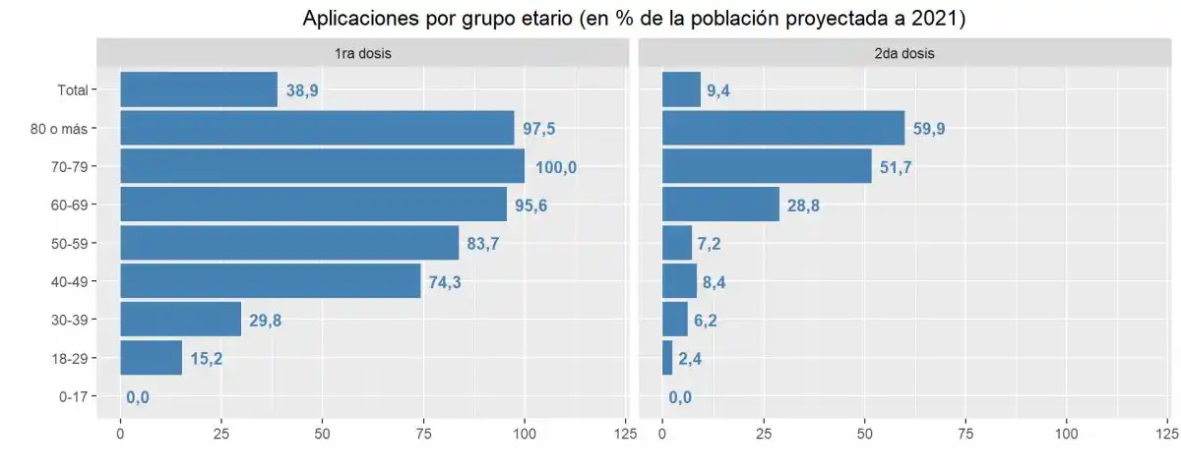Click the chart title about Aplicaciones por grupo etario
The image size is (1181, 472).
coord(635,18)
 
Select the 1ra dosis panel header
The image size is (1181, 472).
coord(363,53)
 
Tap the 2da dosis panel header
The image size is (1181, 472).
coord(903,53)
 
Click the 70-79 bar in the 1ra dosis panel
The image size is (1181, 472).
coord(322,166)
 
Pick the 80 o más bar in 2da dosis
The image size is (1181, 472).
coord(783,128)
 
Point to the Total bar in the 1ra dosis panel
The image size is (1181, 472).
coord(199,89)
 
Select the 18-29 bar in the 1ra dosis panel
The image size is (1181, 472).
coord(151,358)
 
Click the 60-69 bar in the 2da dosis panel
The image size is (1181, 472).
coord(720,205)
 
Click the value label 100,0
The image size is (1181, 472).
coord(556,167)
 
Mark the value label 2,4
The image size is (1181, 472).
coord(690,359)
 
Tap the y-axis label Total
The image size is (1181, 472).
coord(72,89)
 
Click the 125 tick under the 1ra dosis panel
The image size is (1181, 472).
coord(624,434)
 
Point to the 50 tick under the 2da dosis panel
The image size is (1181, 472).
coord(864,434)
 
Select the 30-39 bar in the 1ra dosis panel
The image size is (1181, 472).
coord(180,320)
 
